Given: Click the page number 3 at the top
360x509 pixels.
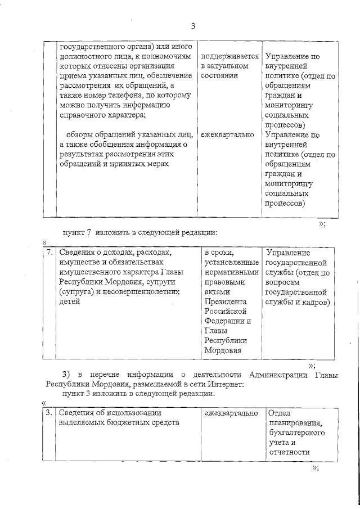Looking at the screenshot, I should (x=193, y=25).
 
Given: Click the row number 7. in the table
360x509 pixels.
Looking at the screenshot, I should (x=50, y=253).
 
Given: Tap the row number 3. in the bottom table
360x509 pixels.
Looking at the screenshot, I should (x=50, y=413).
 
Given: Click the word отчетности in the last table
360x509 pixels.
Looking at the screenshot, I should (x=290, y=452).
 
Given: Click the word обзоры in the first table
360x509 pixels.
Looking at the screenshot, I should (x=81, y=135).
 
